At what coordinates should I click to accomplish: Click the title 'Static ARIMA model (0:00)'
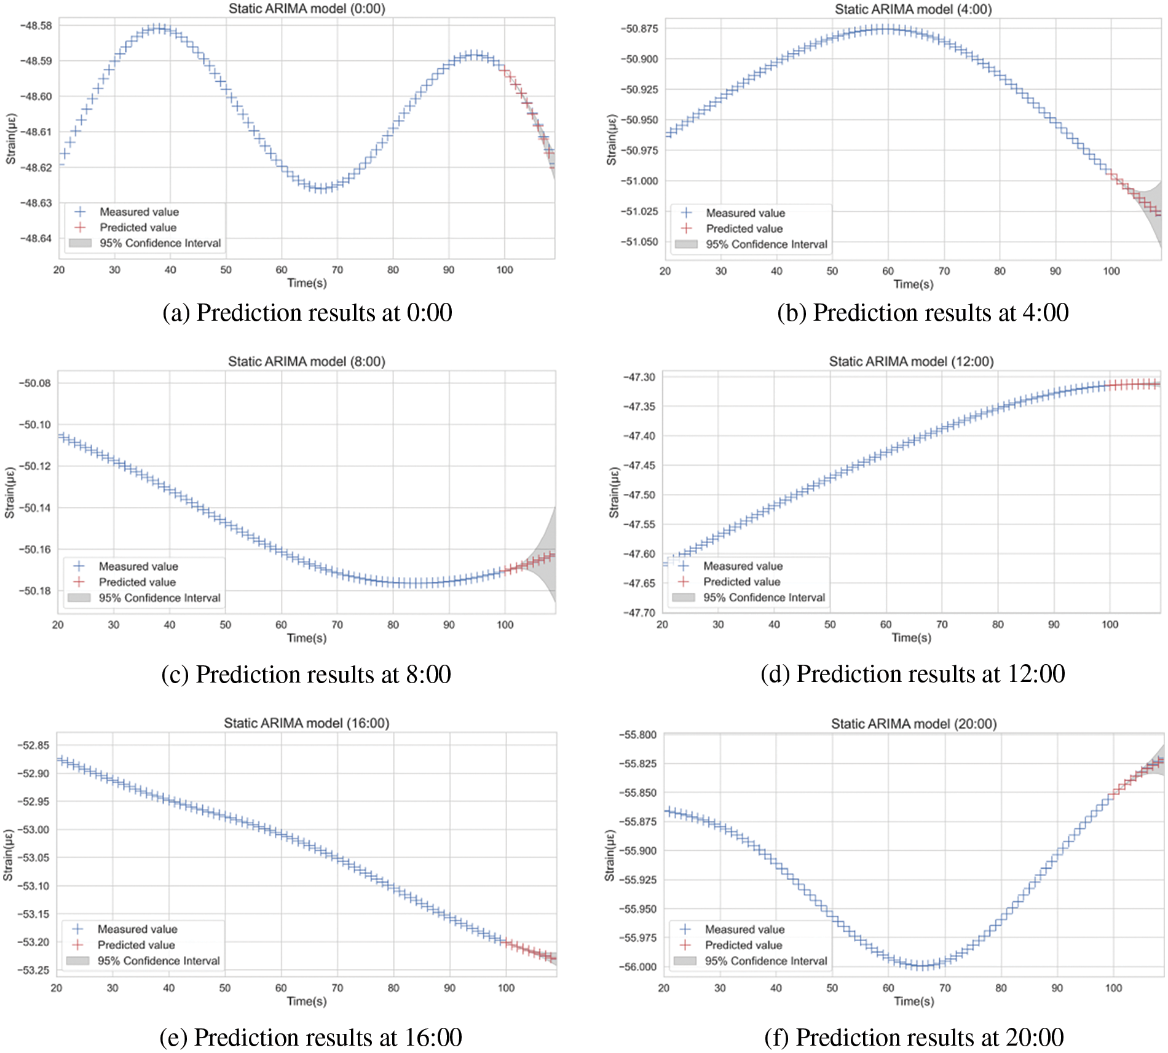point(307,9)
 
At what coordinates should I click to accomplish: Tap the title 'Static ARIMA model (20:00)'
point(913,724)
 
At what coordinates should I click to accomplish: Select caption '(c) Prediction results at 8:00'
point(306,675)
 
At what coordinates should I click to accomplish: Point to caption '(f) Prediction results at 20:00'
point(913,1038)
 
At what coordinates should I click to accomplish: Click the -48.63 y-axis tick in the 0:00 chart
point(36,203)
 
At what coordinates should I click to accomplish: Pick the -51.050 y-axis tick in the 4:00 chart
point(639,241)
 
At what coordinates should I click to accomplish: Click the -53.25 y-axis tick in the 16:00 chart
point(33,970)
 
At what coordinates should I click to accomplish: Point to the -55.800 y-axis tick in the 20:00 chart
point(637,735)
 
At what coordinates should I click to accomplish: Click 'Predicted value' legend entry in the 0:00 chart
point(138,227)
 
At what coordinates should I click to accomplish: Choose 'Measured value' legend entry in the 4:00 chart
point(745,213)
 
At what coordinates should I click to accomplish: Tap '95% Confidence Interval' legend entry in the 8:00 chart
point(159,598)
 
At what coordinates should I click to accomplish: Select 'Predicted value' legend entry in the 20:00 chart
point(743,945)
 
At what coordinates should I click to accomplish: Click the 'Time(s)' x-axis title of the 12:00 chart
point(911,638)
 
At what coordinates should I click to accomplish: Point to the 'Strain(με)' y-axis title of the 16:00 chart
point(8,855)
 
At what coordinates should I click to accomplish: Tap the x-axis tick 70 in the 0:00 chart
point(337,270)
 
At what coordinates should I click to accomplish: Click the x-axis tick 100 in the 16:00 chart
point(506,988)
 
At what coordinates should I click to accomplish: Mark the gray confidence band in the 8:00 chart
point(547,553)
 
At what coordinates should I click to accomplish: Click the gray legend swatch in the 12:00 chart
point(683,597)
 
